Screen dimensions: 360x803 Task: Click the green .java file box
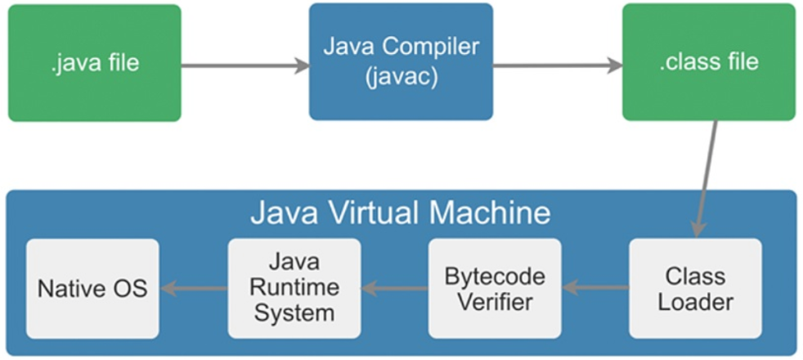click(94, 63)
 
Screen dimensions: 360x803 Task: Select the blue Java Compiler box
click(401, 61)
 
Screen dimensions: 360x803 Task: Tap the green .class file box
click(708, 62)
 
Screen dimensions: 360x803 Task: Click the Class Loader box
click(695, 288)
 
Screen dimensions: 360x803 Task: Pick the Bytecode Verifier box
click(495, 288)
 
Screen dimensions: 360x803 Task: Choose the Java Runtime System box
click(294, 288)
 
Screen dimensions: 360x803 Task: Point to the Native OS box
click(92, 288)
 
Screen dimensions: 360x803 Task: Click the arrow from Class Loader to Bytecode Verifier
click(595, 287)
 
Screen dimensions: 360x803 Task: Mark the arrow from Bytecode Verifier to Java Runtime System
click(394, 287)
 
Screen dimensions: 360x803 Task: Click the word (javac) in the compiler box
click(401, 78)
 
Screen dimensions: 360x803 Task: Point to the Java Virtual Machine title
click(400, 214)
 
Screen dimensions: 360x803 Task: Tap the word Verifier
click(495, 301)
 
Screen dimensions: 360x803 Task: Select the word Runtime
click(294, 288)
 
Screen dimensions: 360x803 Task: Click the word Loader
click(695, 301)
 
